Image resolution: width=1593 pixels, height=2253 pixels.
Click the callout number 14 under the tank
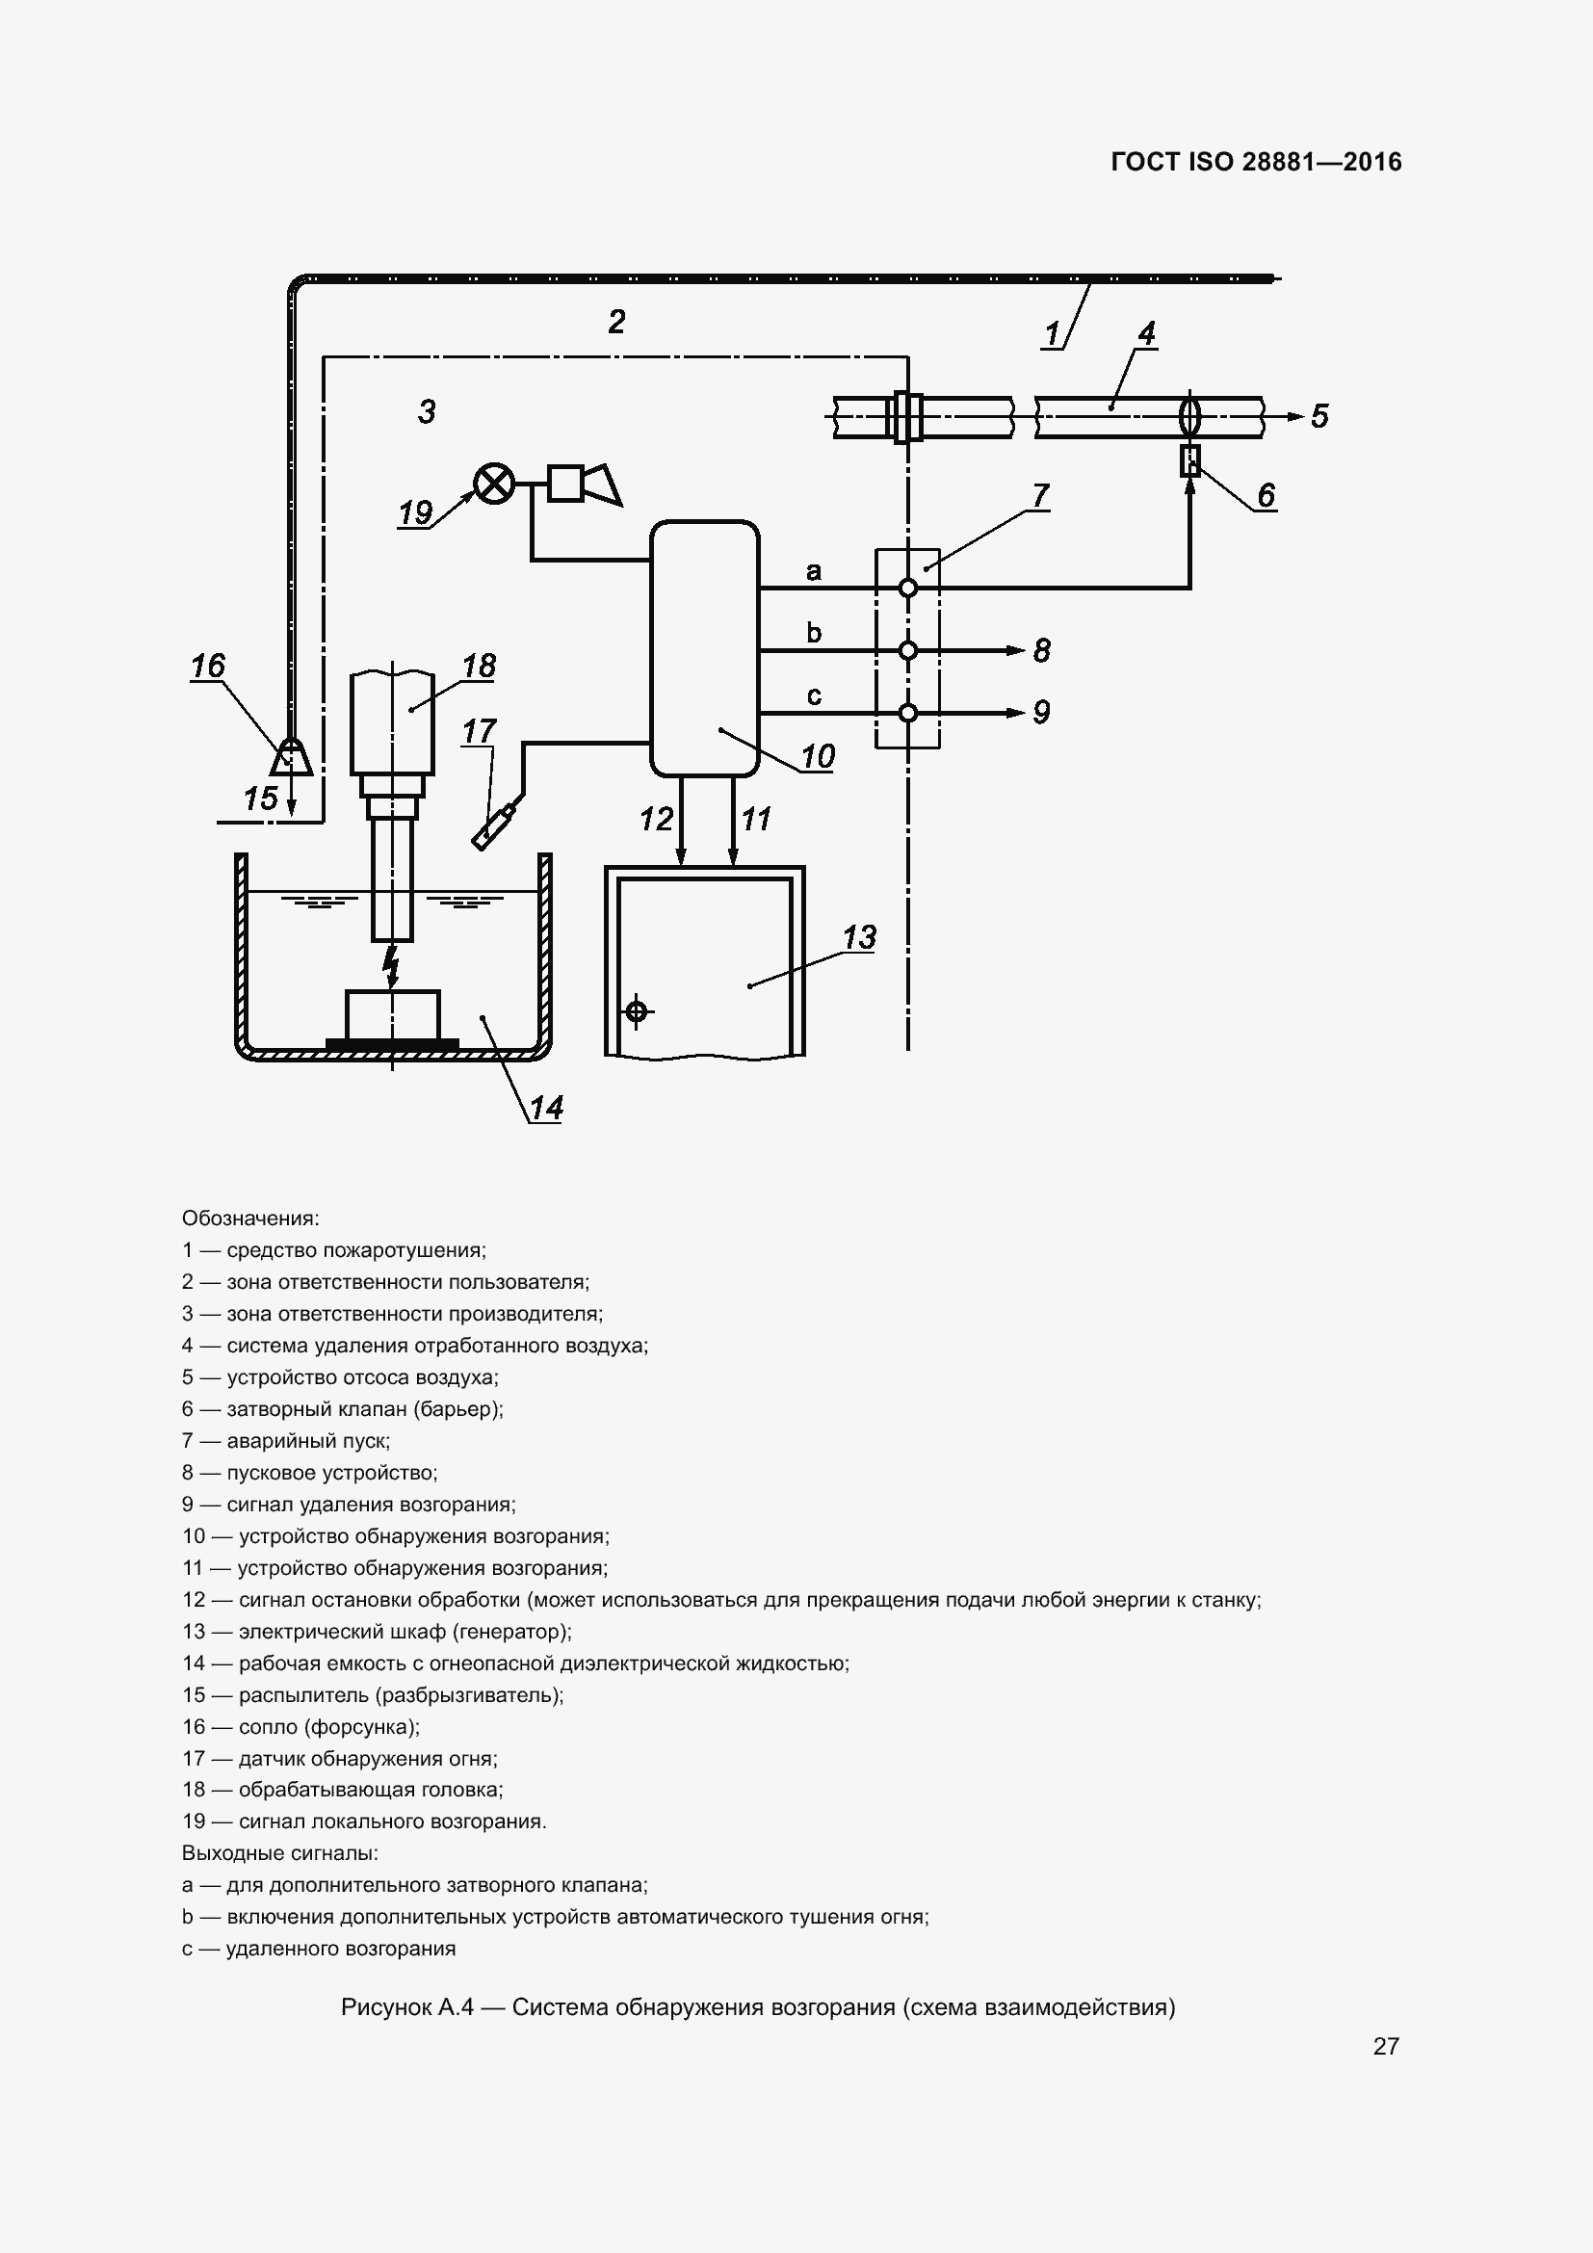tap(546, 1108)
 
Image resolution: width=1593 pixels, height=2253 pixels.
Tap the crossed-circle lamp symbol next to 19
tap(494, 484)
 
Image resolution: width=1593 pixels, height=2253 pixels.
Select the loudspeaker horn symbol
tap(600, 485)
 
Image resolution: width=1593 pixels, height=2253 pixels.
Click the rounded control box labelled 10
tap(704, 647)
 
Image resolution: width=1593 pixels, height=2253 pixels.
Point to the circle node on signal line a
tap(908, 588)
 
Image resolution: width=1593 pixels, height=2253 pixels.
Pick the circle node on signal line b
tap(908, 650)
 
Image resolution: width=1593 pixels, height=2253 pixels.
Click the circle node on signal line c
tap(908, 713)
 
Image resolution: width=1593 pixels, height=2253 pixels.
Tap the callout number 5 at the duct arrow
tap(1319, 416)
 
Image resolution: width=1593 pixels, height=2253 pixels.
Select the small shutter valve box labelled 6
tap(1189, 460)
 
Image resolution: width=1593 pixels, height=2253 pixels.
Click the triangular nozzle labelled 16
tap(290, 758)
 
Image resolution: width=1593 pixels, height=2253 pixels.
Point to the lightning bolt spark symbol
tap(391, 965)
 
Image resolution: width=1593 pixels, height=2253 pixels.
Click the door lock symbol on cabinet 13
tap(637, 1009)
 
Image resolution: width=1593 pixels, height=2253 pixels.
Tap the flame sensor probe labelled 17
tap(496, 826)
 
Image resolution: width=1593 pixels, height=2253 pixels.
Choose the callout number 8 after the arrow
tap(1042, 650)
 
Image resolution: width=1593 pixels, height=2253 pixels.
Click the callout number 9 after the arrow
tap(1042, 713)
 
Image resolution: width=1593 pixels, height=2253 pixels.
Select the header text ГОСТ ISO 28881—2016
tap(1256, 162)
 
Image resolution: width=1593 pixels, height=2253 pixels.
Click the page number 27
tap(1385, 2045)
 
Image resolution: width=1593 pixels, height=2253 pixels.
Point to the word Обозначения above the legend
tap(250, 1218)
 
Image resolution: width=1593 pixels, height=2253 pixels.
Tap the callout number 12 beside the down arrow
tap(656, 819)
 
